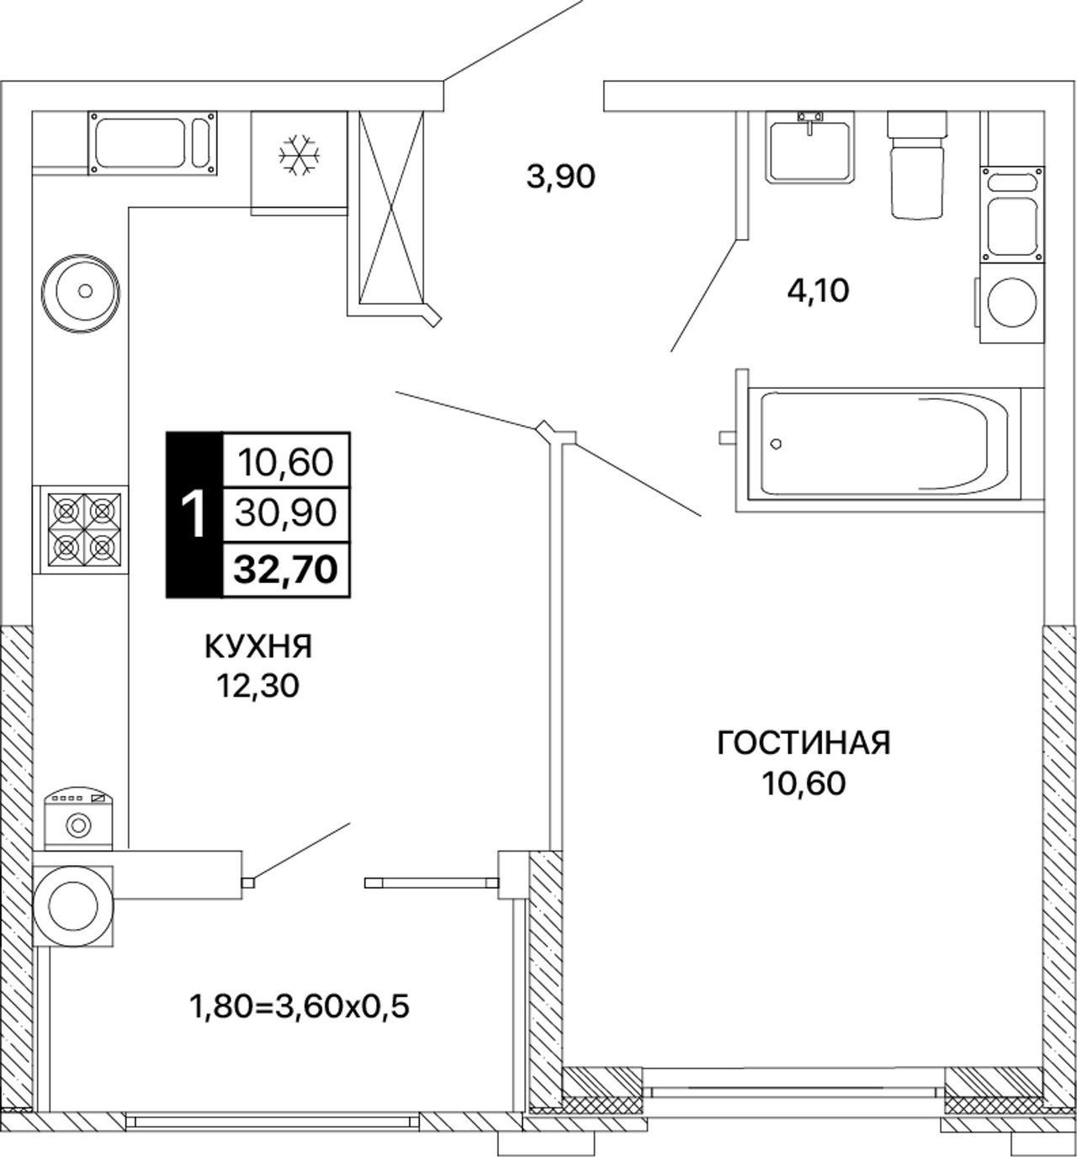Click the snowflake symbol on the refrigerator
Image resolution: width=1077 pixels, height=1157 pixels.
[x=300, y=156]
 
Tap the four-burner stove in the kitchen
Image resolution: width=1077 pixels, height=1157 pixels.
[x=84, y=530]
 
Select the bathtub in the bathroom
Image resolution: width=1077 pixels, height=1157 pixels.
[x=884, y=444]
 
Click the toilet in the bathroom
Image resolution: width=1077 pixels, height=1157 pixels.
[x=917, y=164]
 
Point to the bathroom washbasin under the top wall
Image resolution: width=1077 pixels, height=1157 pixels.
[x=809, y=146]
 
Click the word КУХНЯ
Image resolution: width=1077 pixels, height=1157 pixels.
[x=259, y=647]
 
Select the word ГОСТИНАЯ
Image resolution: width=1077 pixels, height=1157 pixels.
[x=804, y=743]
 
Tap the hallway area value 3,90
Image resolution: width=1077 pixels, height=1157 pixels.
[x=560, y=177]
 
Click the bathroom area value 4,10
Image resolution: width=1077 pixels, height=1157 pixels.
[x=818, y=290]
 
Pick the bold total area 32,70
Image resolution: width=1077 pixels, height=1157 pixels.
[x=286, y=569]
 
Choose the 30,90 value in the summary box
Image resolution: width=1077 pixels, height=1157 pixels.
[x=286, y=514]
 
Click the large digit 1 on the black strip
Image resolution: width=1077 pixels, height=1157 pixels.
[x=194, y=515]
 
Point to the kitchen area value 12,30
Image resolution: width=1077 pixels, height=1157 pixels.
[x=258, y=686]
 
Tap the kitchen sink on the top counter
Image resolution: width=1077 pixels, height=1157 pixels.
[x=152, y=143]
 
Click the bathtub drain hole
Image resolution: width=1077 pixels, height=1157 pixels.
[x=776, y=444]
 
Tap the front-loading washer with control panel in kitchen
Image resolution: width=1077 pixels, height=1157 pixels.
[x=79, y=819]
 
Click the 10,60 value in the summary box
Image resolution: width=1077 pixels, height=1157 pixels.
[x=286, y=463]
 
